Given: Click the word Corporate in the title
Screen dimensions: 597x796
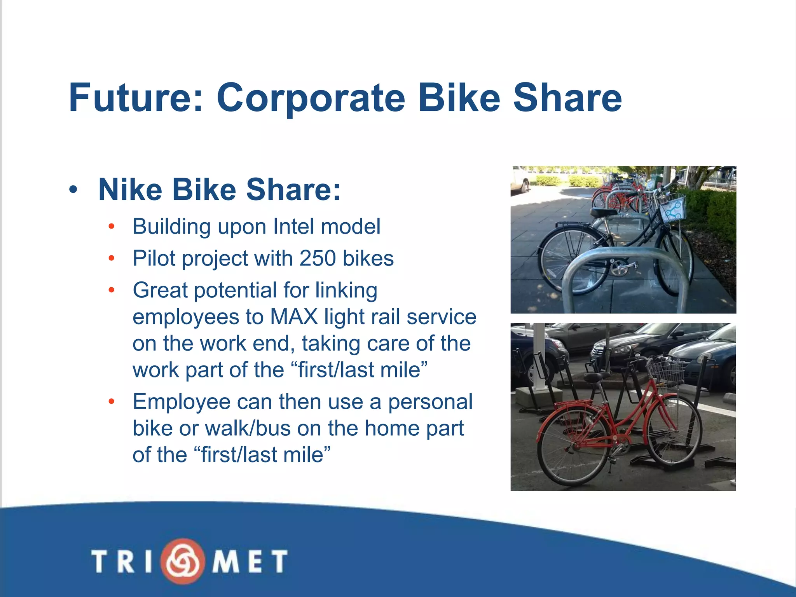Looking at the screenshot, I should tap(311, 98).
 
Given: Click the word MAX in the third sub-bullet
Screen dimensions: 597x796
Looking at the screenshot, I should tap(294, 317).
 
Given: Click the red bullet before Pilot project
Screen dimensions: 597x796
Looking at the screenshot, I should tap(112, 258).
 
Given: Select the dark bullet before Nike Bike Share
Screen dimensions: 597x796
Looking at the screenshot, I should tap(73, 190).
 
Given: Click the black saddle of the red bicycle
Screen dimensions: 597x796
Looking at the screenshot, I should tap(593, 377).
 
